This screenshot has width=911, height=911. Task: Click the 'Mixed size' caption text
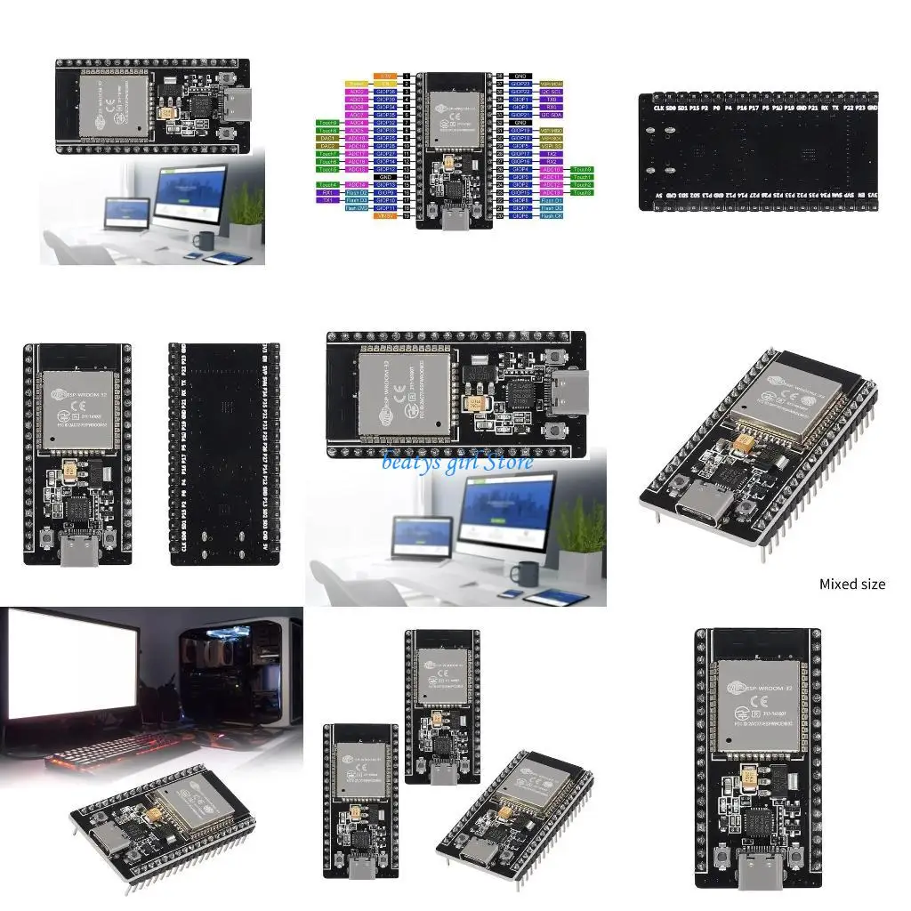[x=851, y=584]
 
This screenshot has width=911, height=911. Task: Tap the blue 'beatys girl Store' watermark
[x=457, y=461]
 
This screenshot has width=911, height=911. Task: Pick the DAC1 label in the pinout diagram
[x=327, y=138]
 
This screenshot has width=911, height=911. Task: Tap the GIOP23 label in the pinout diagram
[x=520, y=84]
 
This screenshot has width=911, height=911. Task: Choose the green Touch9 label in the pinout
[x=327, y=123]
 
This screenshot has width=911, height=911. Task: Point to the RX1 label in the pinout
[x=327, y=192]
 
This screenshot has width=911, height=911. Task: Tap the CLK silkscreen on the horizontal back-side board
[x=659, y=108]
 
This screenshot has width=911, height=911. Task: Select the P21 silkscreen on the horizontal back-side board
[x=813, y=108]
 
